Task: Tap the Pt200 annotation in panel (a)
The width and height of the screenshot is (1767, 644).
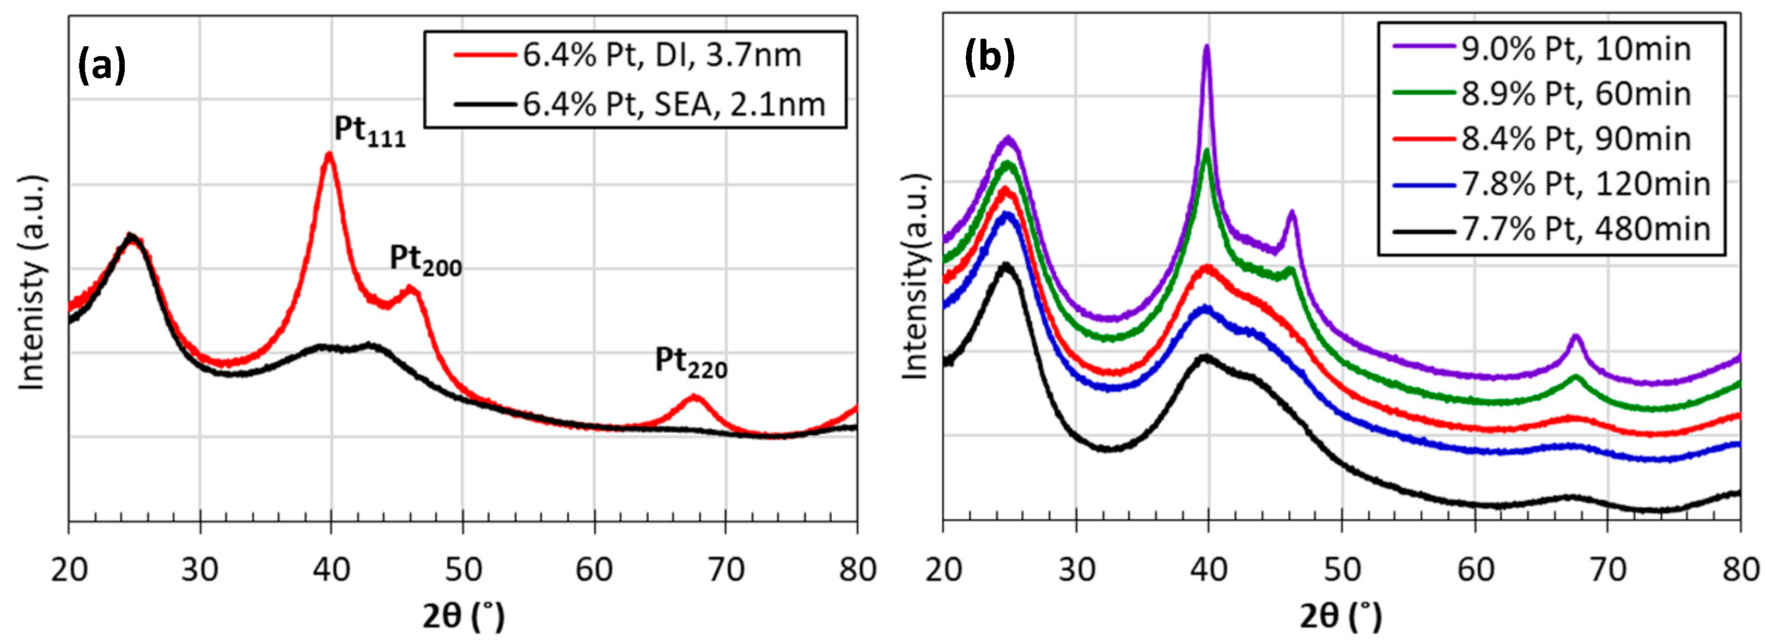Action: [x=425, y=260]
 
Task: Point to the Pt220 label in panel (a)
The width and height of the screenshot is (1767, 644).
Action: [x=690, y=362]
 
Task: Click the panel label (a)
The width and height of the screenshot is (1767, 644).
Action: [x=101, y=67]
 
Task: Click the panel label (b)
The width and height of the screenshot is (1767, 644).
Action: [x=989, y=59]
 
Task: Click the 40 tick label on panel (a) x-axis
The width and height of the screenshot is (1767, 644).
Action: [x=331, y=569]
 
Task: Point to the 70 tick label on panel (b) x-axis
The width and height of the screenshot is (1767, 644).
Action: [x=1607, y=569]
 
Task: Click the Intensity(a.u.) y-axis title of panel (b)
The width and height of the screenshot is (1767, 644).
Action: [x=915, y=277]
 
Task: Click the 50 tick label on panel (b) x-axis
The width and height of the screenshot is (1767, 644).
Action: [x=1341, y=569]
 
